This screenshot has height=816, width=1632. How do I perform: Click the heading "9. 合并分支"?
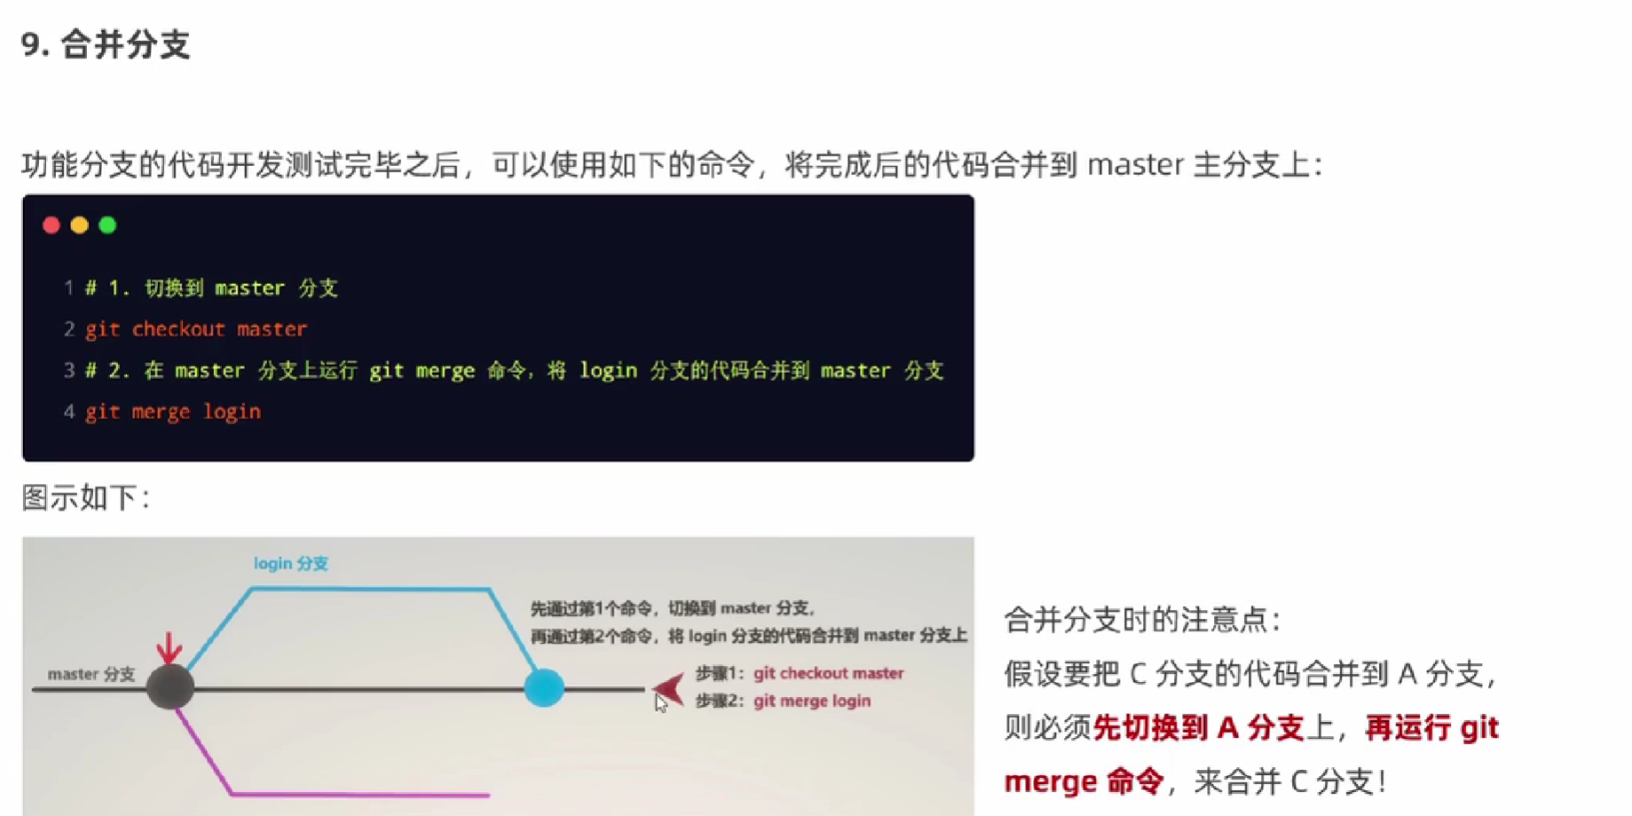106,44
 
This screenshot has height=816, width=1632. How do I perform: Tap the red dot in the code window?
51,226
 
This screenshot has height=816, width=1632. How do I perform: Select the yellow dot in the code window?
80,226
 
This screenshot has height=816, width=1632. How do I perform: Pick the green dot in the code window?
107,226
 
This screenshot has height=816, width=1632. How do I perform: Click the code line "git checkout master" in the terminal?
196,329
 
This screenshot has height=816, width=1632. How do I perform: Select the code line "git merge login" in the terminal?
173,412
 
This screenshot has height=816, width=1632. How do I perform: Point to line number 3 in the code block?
68,370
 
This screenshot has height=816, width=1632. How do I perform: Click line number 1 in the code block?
68,288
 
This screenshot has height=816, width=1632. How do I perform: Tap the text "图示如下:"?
86,498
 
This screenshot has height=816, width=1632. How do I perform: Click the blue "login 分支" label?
291,564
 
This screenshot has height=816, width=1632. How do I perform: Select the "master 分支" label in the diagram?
91,675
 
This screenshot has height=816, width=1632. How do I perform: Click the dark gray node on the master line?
170,687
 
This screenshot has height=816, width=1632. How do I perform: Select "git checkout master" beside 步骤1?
829,673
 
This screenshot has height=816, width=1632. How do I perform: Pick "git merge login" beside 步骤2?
812,701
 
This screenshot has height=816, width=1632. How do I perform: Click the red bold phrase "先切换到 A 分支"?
1198,728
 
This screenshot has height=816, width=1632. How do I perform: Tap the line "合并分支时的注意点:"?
1143,620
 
